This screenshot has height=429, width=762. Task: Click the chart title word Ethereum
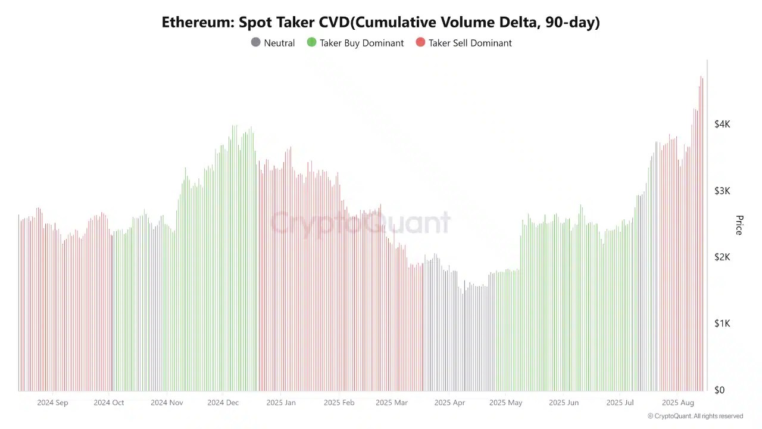click(196, 23)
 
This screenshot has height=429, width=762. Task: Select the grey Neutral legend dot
click(255, 42)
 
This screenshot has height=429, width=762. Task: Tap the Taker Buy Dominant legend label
click(361, 43)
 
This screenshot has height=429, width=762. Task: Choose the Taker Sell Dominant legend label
click(470, 43)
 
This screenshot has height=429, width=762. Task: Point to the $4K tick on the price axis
click(722, 124)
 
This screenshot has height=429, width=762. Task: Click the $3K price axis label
click(722, 191)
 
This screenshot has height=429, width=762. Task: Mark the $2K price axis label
click(722, 257)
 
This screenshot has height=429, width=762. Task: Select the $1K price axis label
click(722, 324)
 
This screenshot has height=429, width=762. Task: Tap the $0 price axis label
click(720, 390)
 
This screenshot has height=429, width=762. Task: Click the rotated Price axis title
click(739, 225)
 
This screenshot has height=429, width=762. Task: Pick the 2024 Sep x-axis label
click(52, 403)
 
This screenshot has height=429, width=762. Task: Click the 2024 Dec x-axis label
click(223, 403)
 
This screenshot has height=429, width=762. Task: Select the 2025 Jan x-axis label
click(281, 403)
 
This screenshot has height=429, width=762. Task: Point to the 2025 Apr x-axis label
click(449, 403)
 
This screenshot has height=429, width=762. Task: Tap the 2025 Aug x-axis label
click(678, 403)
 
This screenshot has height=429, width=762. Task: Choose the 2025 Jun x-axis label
click(564, 403)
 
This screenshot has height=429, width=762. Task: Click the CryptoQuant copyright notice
click(695, 416)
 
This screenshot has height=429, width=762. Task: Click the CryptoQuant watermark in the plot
click(360, 223)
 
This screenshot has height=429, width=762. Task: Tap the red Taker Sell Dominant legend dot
click(420, 42)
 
